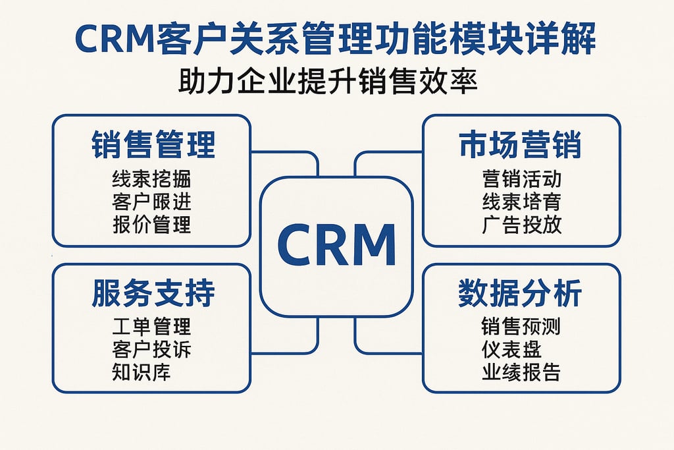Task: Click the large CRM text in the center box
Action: coord(336,244)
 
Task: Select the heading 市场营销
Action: coord(521,145)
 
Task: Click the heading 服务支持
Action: coord(153,293)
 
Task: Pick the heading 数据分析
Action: coord(521,293)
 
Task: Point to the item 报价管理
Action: coord(151,224)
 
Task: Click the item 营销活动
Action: coord(521,179)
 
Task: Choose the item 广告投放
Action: coord(521,224)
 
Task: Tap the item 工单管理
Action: coord(151,326)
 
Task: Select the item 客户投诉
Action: coord(151,349)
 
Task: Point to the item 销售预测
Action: coord(521,326)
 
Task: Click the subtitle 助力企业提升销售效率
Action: coord(327,83)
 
